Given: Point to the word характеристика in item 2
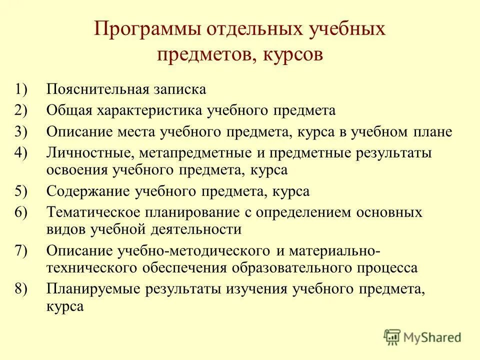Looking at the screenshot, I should click(x=152, y=111).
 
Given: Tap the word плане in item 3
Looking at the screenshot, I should click(x=433, y=132).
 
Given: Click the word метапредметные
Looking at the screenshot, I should click(x=181, y=153).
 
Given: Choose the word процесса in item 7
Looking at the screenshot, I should click(x=385, y=267).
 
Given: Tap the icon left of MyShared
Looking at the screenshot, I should click(x=393, y=336).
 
